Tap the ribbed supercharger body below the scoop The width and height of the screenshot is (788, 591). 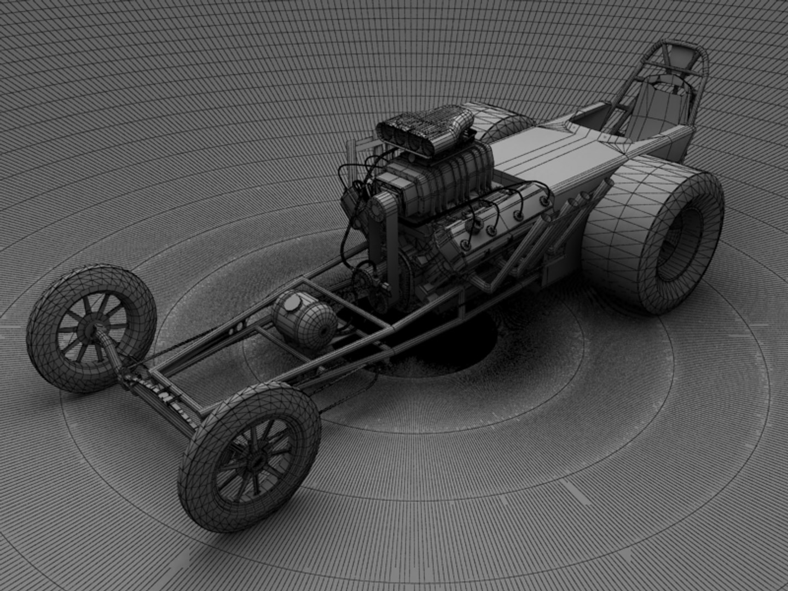pos(443,175)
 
